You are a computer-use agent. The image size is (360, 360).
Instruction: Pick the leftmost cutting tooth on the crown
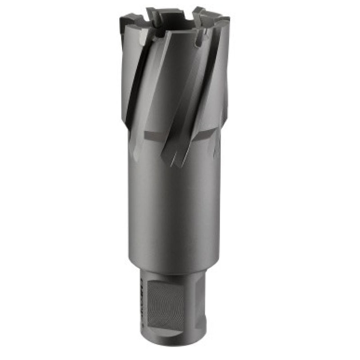pos(130,20)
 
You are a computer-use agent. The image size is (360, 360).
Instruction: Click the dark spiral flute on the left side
pos(135,90)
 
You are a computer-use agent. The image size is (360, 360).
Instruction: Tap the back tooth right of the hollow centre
pos(198,13)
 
